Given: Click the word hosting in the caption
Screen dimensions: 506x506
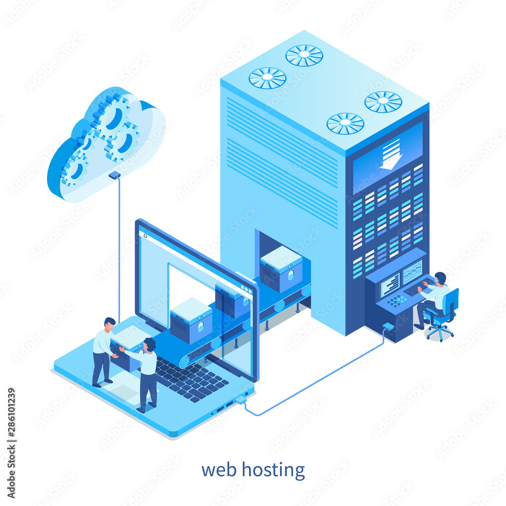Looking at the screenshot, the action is [x=273, y=470].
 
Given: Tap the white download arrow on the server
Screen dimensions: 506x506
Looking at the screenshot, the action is [x=391, y=154].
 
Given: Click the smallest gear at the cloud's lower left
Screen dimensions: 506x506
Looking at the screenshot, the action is [x=74, y=168].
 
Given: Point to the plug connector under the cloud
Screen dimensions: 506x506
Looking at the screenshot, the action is [x=114, y=175].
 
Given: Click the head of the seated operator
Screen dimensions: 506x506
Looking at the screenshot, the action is [x=440, y=278].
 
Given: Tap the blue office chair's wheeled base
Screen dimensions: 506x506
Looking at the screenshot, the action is [x=440, y=333].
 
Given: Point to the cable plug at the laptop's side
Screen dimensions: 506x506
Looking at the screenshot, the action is [x=241, y=400].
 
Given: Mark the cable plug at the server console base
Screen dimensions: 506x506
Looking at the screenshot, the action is [x=388, y=326].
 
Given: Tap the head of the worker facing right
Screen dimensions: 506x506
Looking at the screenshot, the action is [x=110, y=324].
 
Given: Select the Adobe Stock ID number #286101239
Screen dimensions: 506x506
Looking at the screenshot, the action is [x=11, y=413].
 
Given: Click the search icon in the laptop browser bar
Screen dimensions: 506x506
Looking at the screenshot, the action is [x=145, y=236].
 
